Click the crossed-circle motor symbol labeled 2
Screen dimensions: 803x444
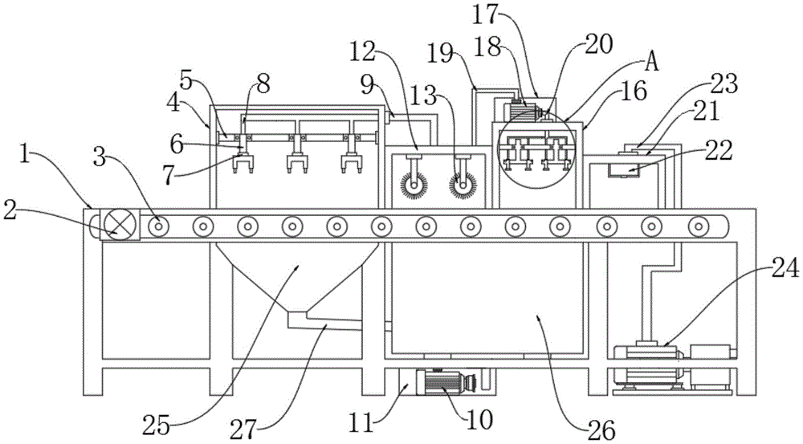pos(120,225)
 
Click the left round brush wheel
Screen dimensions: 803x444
pos(414,184)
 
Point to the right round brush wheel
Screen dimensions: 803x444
pos(463,184)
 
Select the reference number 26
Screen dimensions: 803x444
pos(601,432)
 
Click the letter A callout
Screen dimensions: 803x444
pos(651,63)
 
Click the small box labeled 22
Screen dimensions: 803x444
pos(624,169)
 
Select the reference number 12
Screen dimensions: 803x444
pos(364,51)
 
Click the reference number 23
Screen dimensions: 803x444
pos(724,84)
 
